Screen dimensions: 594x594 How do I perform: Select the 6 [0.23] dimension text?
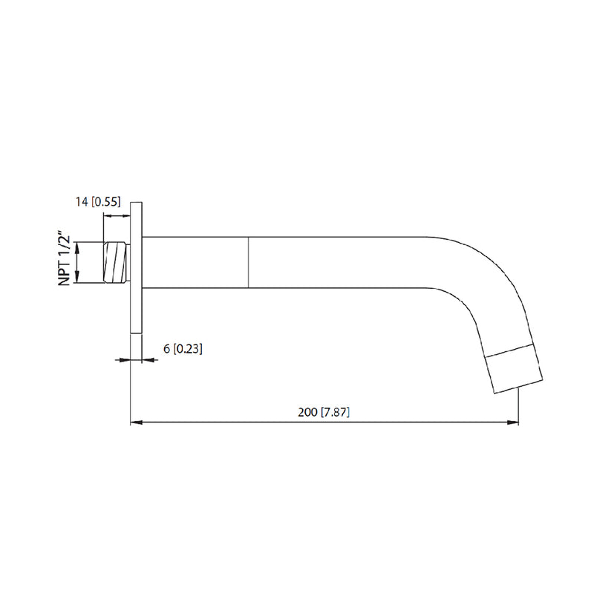[x=183, y=347]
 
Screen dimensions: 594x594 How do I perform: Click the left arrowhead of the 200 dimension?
[x=136, y=423]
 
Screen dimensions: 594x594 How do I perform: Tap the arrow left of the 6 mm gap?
[x=125, y=360]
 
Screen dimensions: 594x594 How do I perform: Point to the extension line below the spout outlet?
[x=518, y=408]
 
